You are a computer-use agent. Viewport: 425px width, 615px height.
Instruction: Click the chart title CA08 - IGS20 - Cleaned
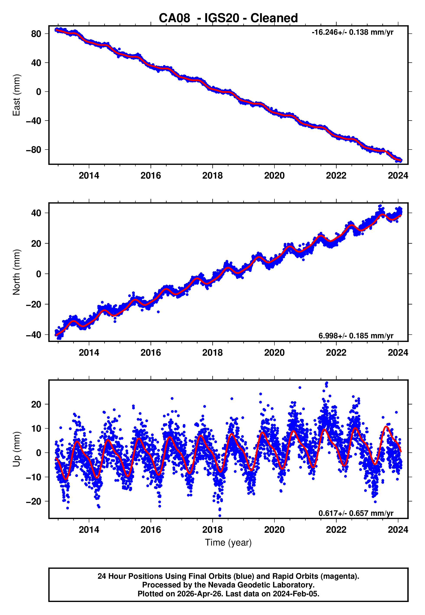pos(228,18)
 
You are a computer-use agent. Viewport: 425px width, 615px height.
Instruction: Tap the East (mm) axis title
pos(16,95)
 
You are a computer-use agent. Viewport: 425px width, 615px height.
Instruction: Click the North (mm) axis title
pos(16,272)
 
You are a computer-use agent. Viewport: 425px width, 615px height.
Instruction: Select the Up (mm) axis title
pos(16,449)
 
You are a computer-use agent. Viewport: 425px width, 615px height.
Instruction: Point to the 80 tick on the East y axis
pos(36,34)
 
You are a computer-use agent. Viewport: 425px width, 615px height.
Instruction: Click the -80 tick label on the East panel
pos(34,150)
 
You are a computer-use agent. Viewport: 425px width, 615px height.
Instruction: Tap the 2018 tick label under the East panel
pos(212,176)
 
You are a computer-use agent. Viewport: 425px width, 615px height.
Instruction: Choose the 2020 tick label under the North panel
pos(274,353)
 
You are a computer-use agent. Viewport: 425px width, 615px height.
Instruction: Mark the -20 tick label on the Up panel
pos(34,501)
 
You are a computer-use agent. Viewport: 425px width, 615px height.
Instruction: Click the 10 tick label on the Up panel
pos(36,429)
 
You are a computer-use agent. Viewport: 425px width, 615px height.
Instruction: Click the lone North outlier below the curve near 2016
pos(158,312)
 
